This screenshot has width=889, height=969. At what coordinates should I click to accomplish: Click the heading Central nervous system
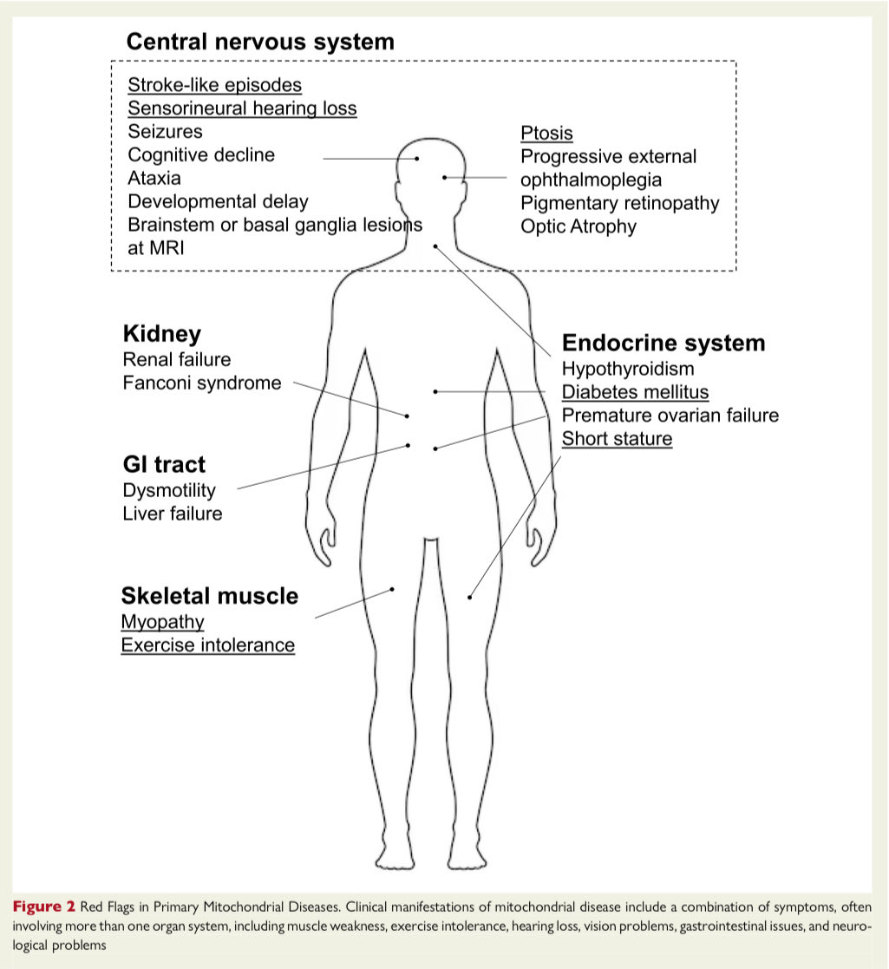click(x=260, y=41)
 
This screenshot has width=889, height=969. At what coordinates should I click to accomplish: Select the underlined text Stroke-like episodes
click(x=215, y=85)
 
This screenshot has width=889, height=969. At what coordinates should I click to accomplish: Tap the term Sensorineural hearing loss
click(x=242, y=108)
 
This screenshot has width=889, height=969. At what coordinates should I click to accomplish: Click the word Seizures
click(x=165, y=132)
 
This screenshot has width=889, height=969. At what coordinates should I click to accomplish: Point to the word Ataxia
click(x=154, y=178)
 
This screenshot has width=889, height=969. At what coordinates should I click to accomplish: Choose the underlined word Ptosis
click(x=546, y=134)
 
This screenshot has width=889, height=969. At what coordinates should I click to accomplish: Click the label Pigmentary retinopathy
click(x=619, y=203)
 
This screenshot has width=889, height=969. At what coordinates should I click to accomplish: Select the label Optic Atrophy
click(x=579, y=226)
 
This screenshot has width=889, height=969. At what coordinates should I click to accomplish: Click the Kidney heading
click(x=162, y=334)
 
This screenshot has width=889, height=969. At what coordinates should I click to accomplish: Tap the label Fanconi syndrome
click(x=202, y=383)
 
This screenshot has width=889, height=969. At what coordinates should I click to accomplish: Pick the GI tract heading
click(x=165, y=464)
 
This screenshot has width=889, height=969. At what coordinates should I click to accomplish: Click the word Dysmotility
click(x=169, y=490)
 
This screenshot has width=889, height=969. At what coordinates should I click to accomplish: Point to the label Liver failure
click(x=172, y=514)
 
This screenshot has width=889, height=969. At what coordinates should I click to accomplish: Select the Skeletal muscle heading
click(x=210, y=596)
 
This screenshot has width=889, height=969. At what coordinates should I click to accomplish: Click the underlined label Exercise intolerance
click(x=208, y=645)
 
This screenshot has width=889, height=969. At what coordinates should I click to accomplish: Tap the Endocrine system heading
click(x=663, y=343)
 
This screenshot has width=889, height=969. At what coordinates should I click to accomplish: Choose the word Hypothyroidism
click(x=628, y=369)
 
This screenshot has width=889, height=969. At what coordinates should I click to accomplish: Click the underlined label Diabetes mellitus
click(x=635, y=392)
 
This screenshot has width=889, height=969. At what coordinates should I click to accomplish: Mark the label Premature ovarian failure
click(x=670, y=416)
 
